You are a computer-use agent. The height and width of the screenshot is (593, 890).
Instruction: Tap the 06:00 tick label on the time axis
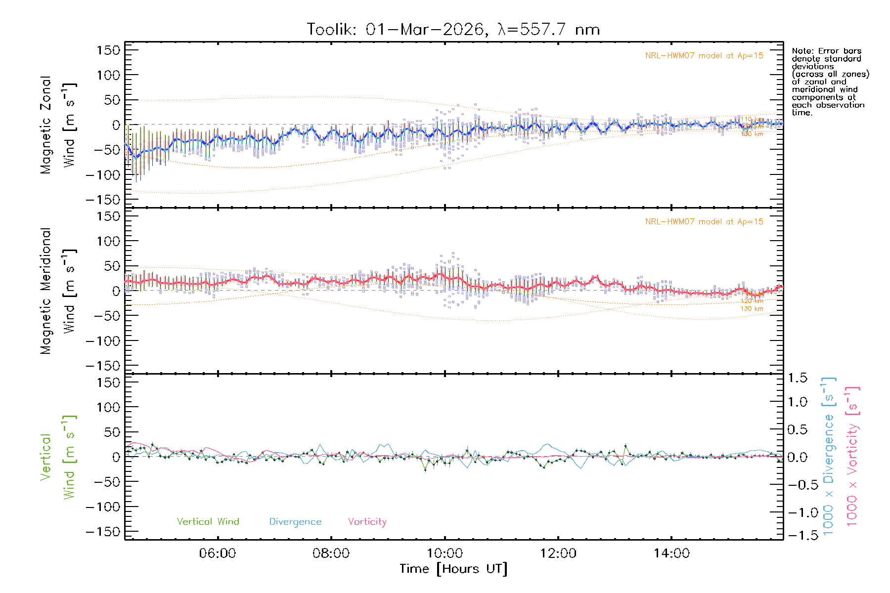tap(218, 553)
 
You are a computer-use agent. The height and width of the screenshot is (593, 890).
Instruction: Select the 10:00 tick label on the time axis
tap(445, 553)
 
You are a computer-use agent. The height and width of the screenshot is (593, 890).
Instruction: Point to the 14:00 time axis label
tap(671, 553)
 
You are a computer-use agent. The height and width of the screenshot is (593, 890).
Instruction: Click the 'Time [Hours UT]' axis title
tap(453, 569)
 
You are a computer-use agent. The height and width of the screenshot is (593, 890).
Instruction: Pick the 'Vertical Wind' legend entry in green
tap(208, 522)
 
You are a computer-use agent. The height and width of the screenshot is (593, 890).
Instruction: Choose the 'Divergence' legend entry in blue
tap(295, 522)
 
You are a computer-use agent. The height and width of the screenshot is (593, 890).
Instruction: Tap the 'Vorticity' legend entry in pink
tap(367, 522)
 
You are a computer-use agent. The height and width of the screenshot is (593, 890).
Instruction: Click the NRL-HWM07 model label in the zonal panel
tap(704, 56)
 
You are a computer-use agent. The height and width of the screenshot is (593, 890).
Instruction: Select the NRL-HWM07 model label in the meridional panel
tap(704, 222)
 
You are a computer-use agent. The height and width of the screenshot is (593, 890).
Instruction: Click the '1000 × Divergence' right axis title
tap(829, 457)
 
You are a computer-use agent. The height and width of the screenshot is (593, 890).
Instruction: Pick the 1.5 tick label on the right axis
tap(797, 378)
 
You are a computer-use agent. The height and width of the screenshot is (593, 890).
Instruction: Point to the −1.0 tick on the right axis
tap(797, 512)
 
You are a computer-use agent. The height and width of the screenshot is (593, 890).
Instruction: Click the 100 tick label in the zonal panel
tap(108, 75)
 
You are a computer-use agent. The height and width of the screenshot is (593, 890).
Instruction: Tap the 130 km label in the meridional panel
tap(752, 309)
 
